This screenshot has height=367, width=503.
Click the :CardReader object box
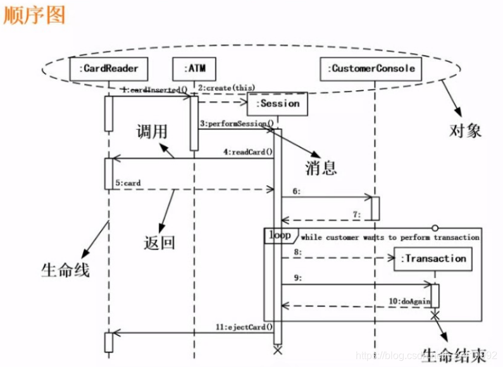pos(109,68)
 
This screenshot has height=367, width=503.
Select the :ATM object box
pos(194,68)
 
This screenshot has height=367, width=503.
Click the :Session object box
pos(277,104)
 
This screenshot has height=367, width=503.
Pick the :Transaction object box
pos(435,258)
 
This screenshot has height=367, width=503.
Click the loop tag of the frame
pos(280,236)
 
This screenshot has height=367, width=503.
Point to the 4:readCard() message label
pos(247,152)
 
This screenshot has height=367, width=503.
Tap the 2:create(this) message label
pos(227,87)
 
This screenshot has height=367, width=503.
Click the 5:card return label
pos(128,183)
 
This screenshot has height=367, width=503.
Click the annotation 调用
pos(153,131)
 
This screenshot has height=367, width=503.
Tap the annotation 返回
pos(159,241)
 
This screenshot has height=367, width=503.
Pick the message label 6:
pos(295,191)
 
